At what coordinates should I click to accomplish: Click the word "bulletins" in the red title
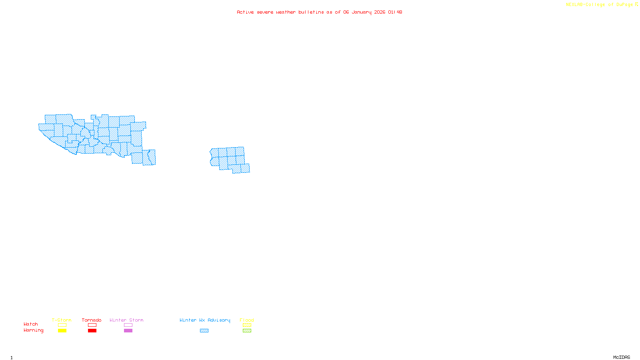coord(311,12)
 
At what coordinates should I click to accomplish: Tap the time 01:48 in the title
coord(395,12)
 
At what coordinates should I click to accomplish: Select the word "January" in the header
coord(361,12)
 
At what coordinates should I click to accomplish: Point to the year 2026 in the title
coord(380,12)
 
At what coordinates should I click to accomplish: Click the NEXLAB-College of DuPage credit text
coord(599,5)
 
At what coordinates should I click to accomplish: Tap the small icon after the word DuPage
coord(636,4)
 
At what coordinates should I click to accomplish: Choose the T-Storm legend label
coord(62,320)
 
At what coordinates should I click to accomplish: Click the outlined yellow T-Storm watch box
coord(62,325)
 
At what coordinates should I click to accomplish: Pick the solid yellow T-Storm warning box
coord(62,331)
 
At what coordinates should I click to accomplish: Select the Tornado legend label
coord(92,320)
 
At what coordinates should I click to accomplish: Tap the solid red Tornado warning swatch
coord(92,331)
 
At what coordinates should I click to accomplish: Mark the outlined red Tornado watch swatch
coord(92,325)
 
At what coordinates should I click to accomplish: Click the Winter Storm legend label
coord(126,320)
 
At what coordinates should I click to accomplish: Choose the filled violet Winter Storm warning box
coord(128,331)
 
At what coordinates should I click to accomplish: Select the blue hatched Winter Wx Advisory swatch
coord(204,331)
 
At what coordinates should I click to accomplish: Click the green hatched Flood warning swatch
coord(247,331)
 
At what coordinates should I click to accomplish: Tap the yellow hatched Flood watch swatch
coord(247,325)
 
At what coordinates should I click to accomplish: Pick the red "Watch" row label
coord(31,324)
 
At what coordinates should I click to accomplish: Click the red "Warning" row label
coord(33,330)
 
